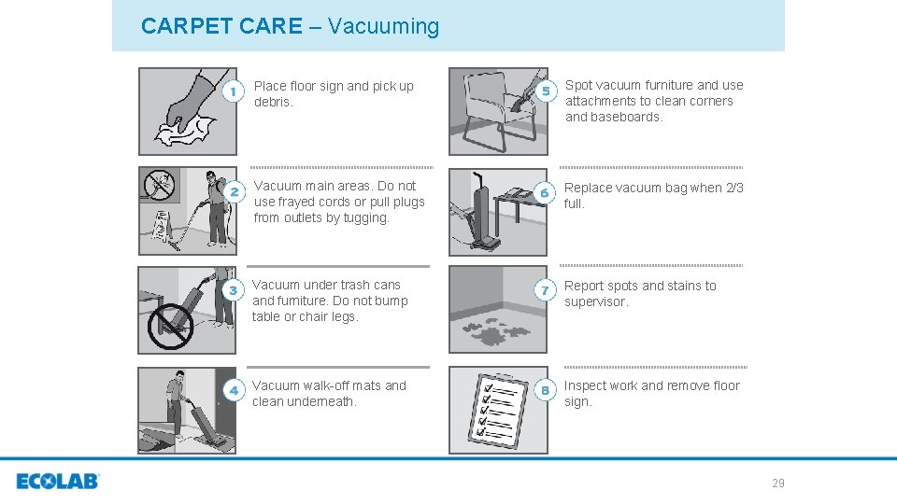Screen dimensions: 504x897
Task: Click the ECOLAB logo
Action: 57,482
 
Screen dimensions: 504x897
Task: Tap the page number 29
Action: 777,483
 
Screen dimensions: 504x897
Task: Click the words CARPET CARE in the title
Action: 221,26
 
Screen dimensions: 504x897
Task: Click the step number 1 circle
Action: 235,92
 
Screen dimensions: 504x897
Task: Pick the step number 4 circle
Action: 235,388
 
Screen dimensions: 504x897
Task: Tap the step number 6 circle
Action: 548,191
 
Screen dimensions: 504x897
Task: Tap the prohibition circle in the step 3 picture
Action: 171,325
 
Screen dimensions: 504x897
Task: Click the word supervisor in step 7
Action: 596,301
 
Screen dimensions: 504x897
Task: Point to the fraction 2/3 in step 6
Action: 734,188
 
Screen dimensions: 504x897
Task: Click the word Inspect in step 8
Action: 587,385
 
